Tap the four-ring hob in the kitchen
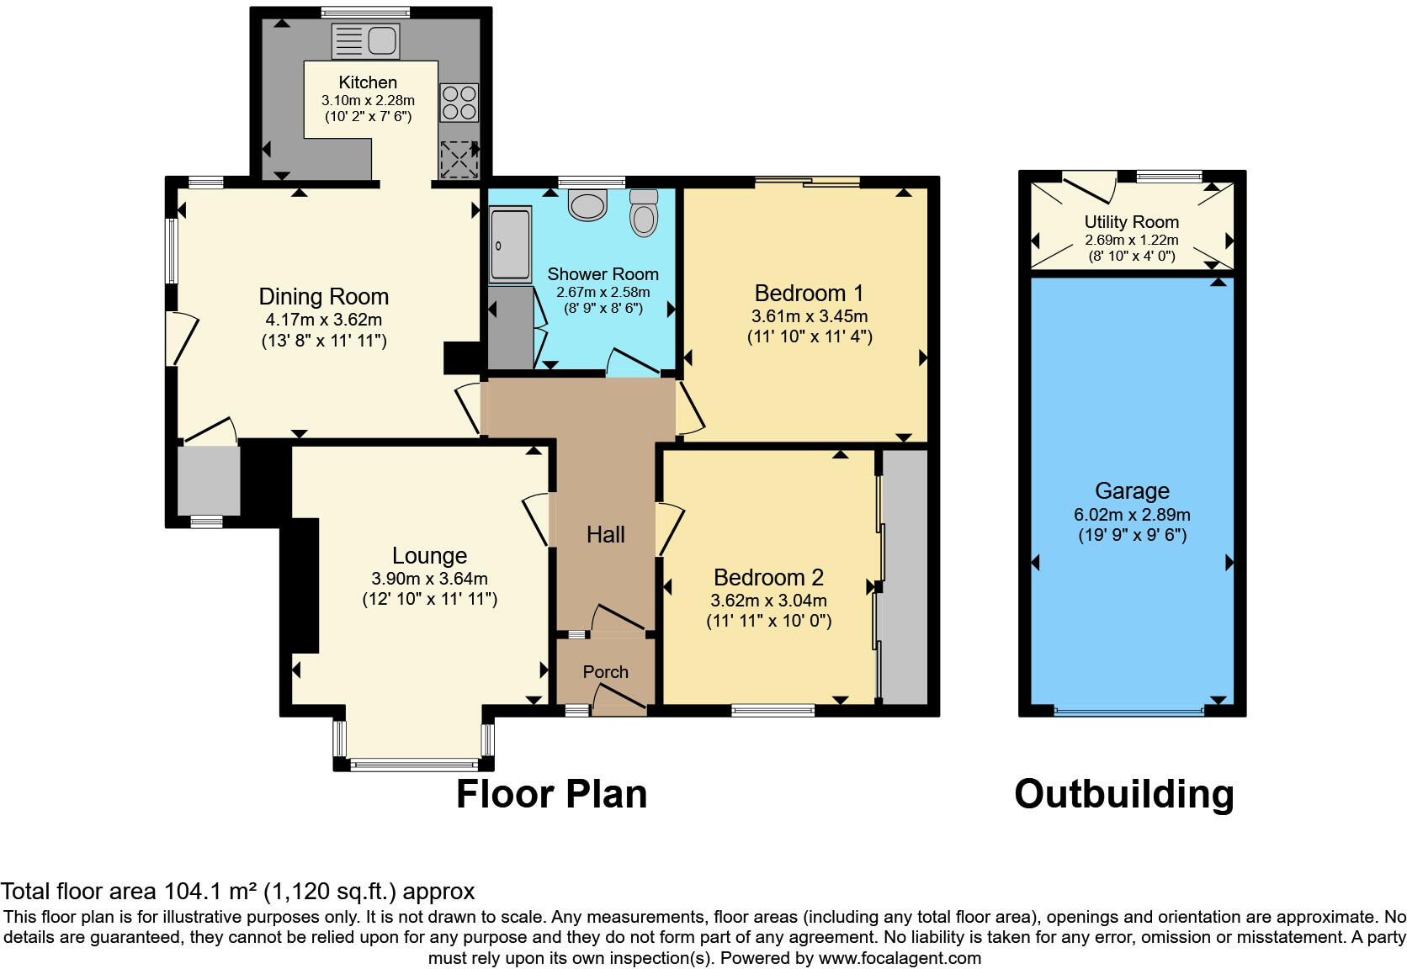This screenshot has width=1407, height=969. tap(459, 103)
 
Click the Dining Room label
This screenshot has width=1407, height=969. tap(324, 297)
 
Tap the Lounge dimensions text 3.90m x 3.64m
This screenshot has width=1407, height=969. tap(429, 579)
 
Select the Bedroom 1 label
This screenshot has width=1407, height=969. tap(809, 294)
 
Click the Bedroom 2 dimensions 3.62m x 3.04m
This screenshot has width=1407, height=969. tap(768, 601)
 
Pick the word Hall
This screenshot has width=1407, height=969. tap(605, 535)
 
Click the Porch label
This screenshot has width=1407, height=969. tap(605, 672)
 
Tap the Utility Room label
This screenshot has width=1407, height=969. tap(1131, 222)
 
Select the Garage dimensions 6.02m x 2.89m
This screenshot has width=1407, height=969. tap(1132, 515)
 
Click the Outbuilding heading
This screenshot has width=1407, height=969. tap(1123, 794)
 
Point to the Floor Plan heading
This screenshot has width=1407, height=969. tap(551, 794)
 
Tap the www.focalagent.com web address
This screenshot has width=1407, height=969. tap(900, 958)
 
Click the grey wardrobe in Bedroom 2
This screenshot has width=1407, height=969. tap(905, 576)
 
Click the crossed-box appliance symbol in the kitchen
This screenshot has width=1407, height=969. tap(459, 160)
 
